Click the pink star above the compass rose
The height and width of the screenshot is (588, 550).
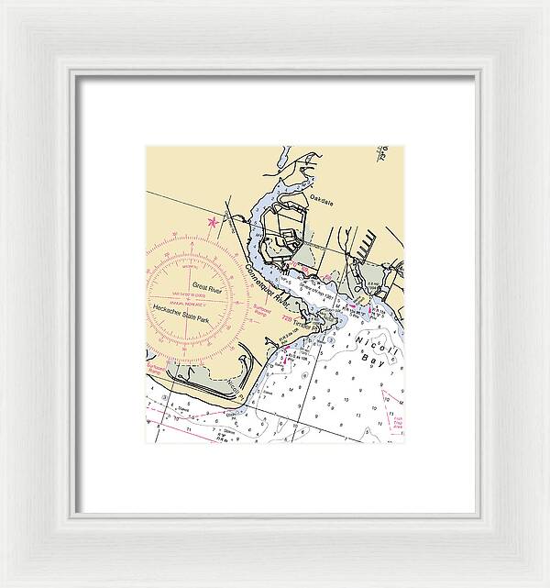pyautogui.click(x=214, y=221)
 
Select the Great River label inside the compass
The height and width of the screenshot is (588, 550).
pyautogui.click(x=207, y=289)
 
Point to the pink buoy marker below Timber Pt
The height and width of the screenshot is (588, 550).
pyautogui.click(x=285, y=361)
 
